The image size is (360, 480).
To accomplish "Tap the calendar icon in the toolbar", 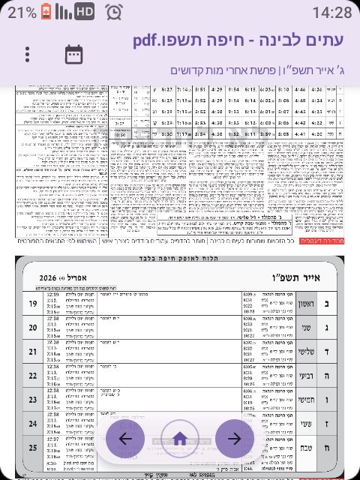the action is [x=73, y=54].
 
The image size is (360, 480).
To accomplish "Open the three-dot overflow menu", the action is [x=28, y=55].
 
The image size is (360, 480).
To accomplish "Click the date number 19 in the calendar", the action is [x=32, y=304].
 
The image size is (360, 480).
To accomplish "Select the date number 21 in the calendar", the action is [x=32, y=352].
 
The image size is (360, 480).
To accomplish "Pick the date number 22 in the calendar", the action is [x=32, y=376].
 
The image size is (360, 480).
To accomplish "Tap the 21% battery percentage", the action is [x=22, y=12].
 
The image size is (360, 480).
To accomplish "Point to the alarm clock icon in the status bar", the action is [x=114, y=12].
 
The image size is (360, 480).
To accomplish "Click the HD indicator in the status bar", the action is [x=85, y=12].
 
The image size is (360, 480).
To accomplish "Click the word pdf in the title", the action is [x=153, y=40].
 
